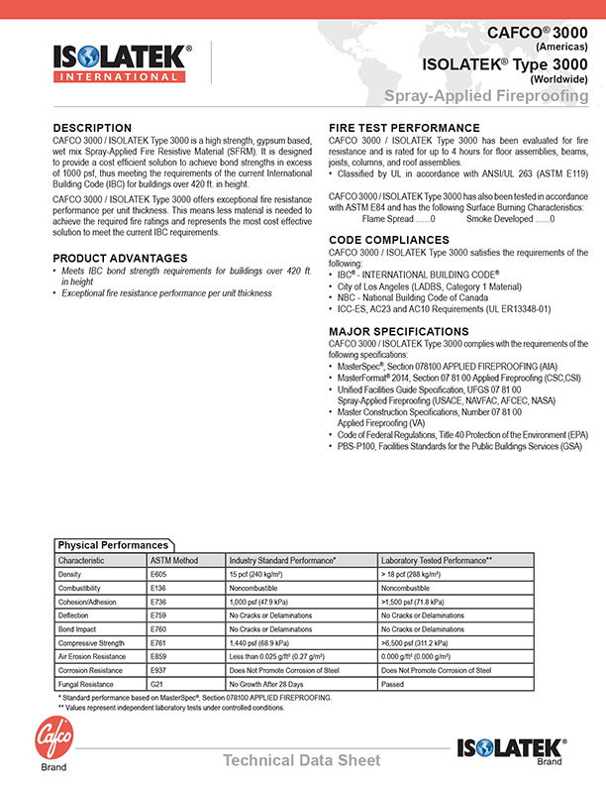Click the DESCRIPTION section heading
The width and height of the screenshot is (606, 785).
[x=92, y=128]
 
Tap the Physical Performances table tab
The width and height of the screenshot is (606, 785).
[x=113, y=545]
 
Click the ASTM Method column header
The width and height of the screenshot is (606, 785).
[x=174, y=561]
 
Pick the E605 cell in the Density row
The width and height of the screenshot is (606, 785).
[x=158, y=574]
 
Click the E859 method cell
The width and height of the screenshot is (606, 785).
[x=158, y=657]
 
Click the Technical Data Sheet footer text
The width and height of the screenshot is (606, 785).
[x=301, y=760]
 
